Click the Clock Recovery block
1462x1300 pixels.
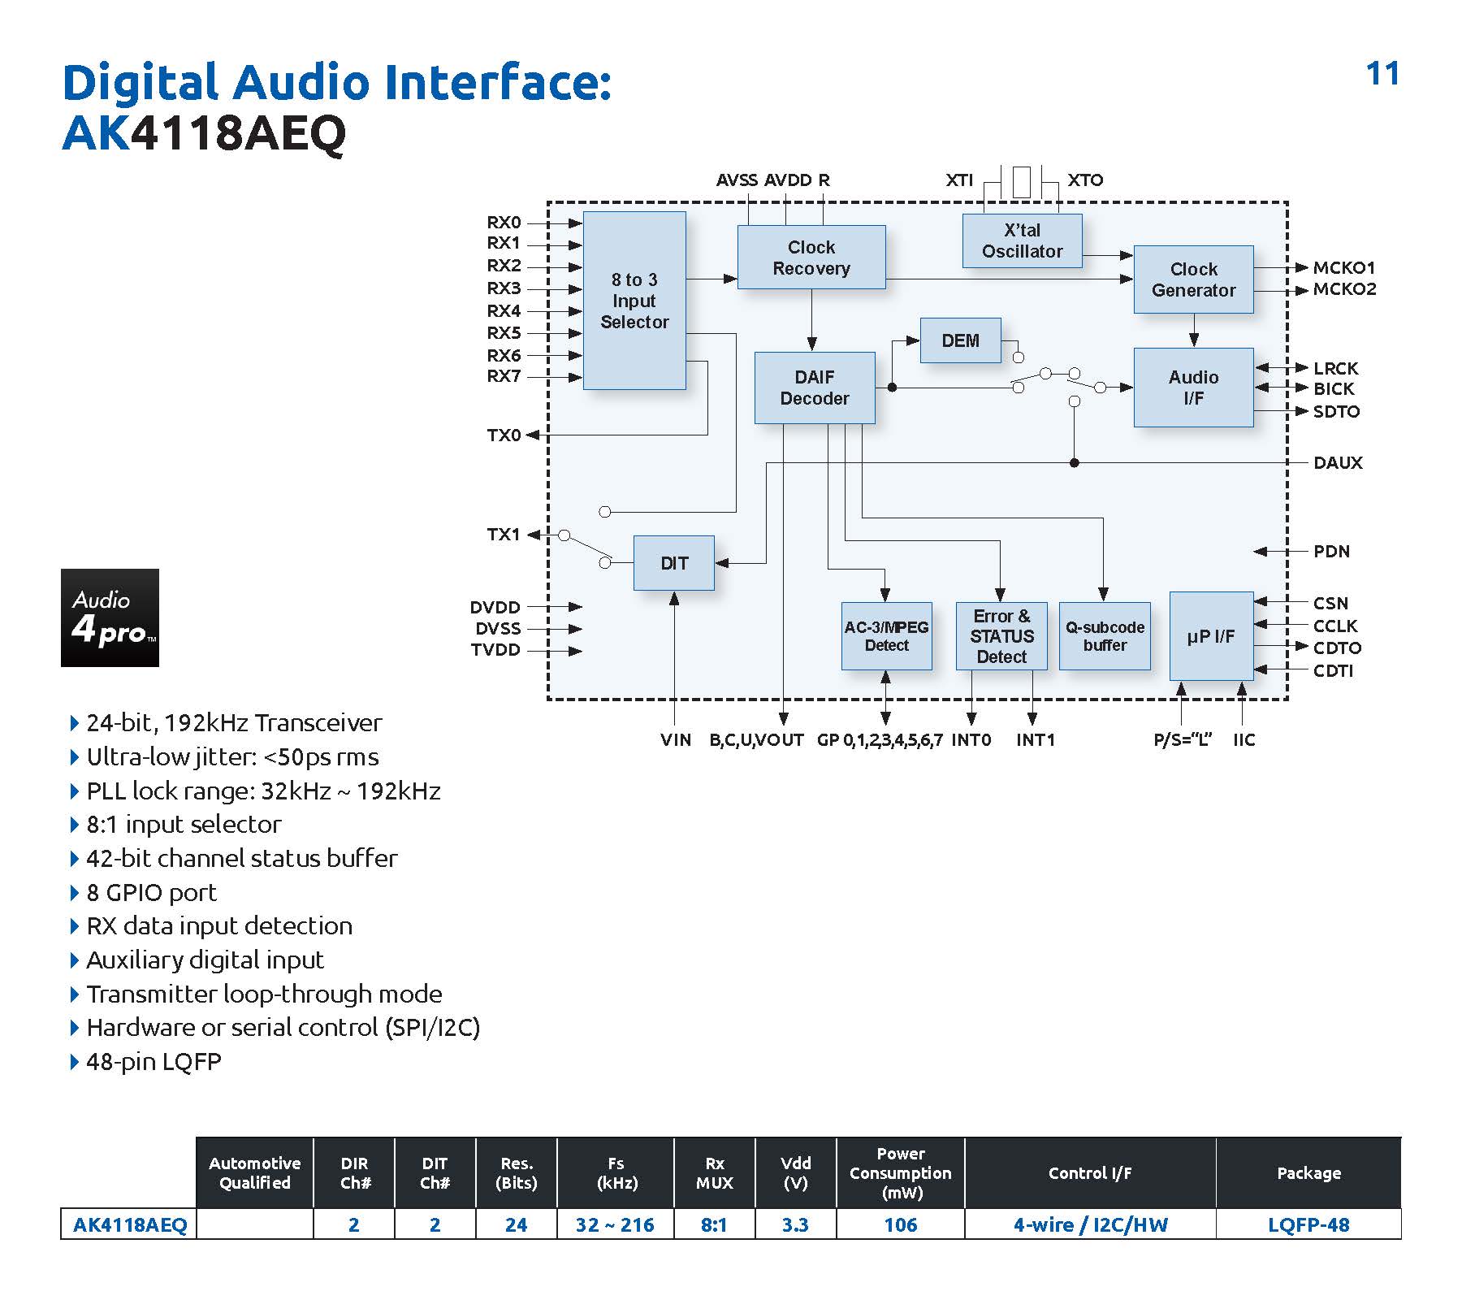811,257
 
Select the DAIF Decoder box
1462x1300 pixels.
814,388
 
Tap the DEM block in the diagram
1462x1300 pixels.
960,340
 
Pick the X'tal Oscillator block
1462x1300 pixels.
1022,240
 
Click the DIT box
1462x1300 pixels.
673,563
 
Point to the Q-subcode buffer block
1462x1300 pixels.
1105,636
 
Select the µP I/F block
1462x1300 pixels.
1210,636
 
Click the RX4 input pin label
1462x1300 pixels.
504,311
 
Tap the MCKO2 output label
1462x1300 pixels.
1344,289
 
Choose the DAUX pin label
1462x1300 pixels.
1338,463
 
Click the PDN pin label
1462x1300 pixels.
1331,552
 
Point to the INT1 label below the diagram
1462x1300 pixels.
1035,740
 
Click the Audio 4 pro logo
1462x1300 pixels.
110,617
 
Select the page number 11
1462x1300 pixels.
1382,74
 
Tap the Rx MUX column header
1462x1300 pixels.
714,1173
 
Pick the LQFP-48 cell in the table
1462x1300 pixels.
1308,1224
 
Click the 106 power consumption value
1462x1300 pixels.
900,1224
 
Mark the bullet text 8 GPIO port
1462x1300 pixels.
151,892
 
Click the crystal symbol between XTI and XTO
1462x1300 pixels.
1022,181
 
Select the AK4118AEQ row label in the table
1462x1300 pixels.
130,1224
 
